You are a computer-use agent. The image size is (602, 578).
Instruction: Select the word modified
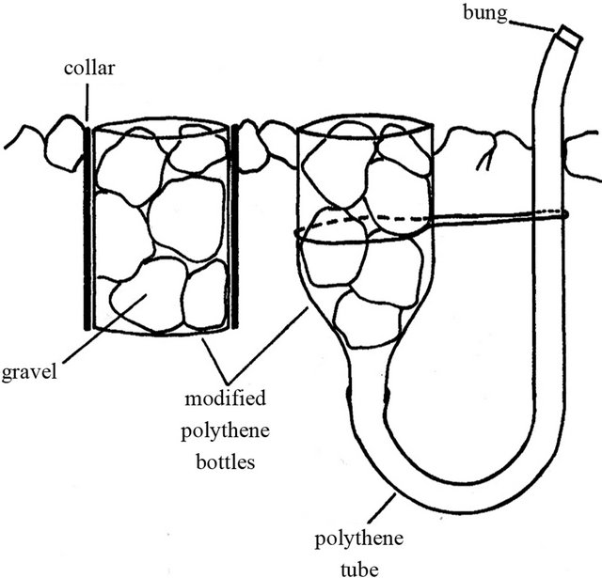[x=223, y=399]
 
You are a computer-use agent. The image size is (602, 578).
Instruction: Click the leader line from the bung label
[x=534, y=23]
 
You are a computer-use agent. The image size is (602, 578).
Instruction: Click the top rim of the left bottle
[x=162, y=125]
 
